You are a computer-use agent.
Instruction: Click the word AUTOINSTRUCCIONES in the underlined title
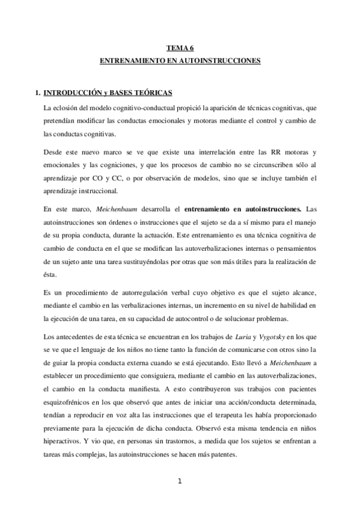coord(218,61)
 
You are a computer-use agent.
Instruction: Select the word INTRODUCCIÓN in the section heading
coord(72,93)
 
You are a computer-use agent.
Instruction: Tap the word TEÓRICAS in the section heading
coord(154,93)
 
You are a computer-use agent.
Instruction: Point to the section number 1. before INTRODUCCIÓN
coord(38,93)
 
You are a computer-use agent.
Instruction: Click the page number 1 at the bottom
coord(179,481)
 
